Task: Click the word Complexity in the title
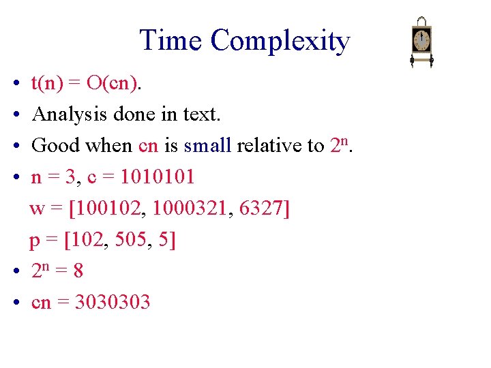[x=280, y=41]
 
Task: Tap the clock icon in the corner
[x=422, y=42]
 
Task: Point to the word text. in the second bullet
[x=202, y=114]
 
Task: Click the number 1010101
[x=157, y=177]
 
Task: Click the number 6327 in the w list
[x=261, y=209]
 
